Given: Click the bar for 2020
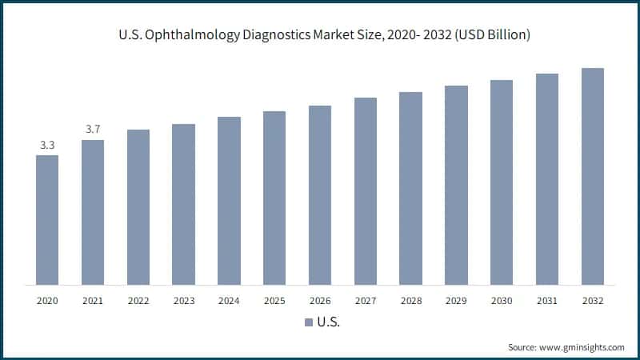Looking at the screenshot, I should tap(47, 220).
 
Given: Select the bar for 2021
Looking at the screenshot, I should tap(93, 212).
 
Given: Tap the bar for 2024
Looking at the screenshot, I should tap(229, 200).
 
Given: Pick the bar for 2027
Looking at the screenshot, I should tap(366, 190).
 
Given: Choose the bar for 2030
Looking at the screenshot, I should tap(502, 182).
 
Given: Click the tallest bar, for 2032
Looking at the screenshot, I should tap(593, 176).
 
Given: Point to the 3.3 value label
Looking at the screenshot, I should tap(47, 145).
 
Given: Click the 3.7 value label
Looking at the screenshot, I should tap(93, 130).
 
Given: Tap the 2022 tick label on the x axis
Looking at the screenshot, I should tap(138, 301).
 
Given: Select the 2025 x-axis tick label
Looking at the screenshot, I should tap(274, 301).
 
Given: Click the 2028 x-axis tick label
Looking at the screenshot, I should tap(410, 301).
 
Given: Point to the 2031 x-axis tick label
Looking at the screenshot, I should tap(547, 301).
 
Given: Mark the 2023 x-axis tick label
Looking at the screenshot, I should tap(183, 301).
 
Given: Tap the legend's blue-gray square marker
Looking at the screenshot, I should tap(309, 322).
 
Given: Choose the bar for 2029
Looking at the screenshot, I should tap(456, 185).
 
